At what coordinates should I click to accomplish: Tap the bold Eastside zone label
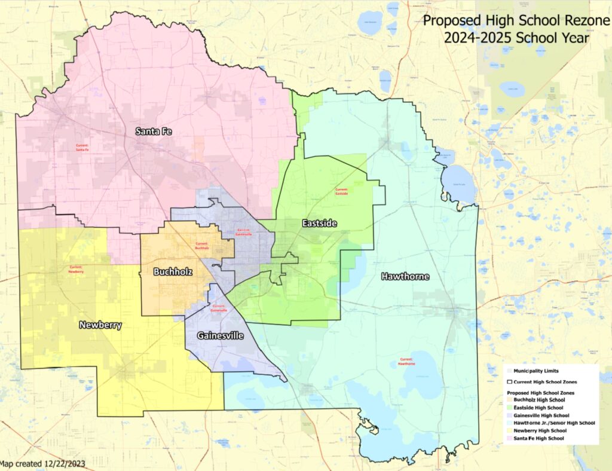coord(319,224)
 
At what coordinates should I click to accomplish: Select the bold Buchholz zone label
coord(172,271)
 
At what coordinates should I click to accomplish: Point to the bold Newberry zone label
coord(100,325)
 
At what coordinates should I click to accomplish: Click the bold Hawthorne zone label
coord(405,277)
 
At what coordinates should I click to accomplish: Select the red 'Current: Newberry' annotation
coord(76,270)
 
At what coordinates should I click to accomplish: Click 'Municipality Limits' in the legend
coord(536,371)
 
